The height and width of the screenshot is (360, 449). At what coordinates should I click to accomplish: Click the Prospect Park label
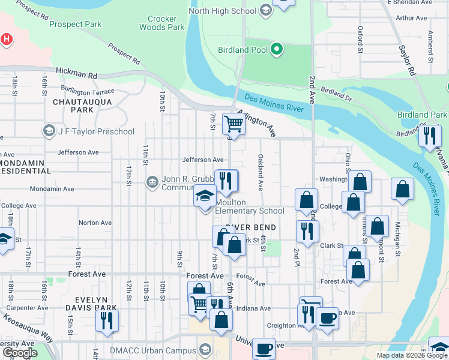[76, 25]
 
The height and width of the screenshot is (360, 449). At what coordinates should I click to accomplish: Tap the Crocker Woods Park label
[161, 23]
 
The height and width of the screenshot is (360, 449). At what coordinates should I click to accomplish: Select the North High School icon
[265, 11]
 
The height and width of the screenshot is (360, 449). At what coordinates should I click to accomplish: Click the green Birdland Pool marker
[276, 49]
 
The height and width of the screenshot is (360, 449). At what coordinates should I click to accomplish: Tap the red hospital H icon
[6, 40]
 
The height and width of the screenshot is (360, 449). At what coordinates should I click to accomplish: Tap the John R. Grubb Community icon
[152, 181]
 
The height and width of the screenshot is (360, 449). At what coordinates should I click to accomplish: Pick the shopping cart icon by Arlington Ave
[234, 124]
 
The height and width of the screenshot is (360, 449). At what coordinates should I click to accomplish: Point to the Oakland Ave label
[261, 172]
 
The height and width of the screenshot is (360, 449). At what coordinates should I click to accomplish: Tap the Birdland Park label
[422, 114]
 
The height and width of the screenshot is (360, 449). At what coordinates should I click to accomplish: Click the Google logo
[19, 353]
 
